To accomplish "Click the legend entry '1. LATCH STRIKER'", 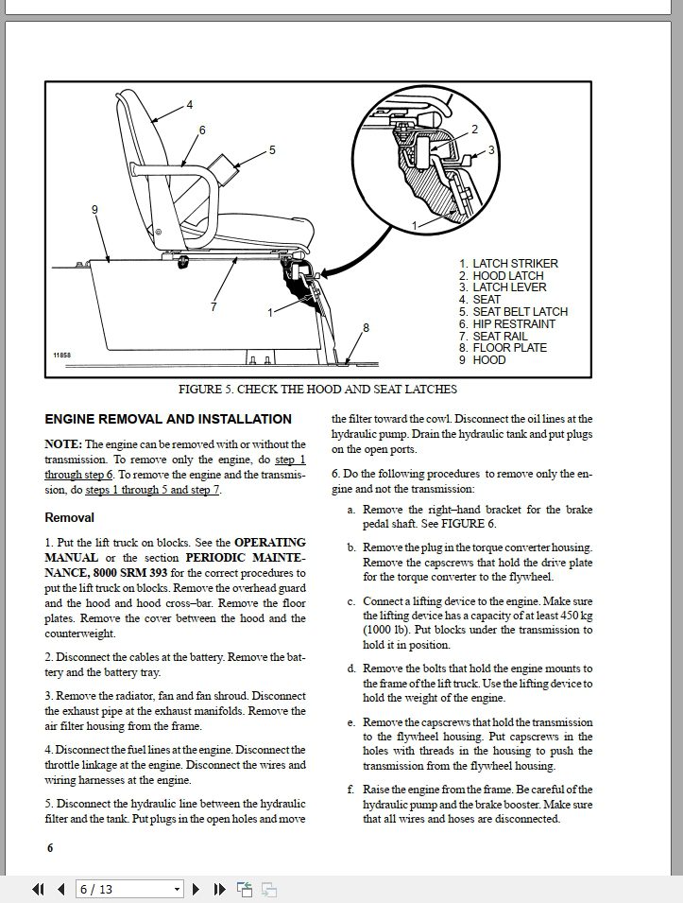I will [508, 264].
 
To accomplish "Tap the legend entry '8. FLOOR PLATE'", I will [503, 348].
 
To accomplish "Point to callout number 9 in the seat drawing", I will [94, 210].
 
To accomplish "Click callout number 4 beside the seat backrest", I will [190, 104].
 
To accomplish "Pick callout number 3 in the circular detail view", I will [491, 149].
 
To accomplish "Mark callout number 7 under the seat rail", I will [214, 306].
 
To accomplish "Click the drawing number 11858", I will [60, 355].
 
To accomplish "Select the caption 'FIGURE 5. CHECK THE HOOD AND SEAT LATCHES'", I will [317, 389].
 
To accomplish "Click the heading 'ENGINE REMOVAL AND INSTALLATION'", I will [168, 419].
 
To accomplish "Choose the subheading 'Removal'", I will [70, 517].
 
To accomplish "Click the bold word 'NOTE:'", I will [63, 444].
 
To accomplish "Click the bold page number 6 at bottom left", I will [50, 847].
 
